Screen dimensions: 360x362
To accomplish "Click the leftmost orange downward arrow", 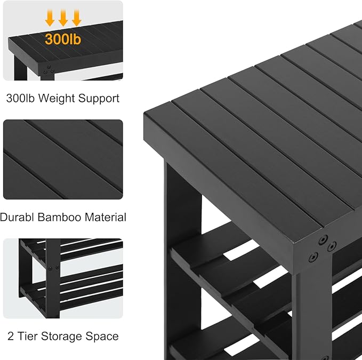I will point(50,19).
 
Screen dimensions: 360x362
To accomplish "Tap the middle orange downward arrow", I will point(63,19).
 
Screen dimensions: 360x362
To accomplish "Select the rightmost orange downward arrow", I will point(76,19).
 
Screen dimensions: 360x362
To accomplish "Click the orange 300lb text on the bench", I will point(63,39).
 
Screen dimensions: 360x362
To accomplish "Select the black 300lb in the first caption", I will point(21,98).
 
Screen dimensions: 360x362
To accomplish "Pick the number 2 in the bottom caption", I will point(11,336).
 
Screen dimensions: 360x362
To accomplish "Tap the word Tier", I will point(28,336).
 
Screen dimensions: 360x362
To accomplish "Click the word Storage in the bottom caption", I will point(63,336).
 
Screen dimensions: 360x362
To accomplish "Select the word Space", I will point(103,336).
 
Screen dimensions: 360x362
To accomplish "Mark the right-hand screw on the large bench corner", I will point(332,246).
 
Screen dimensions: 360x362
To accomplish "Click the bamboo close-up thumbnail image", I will point(63,161).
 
